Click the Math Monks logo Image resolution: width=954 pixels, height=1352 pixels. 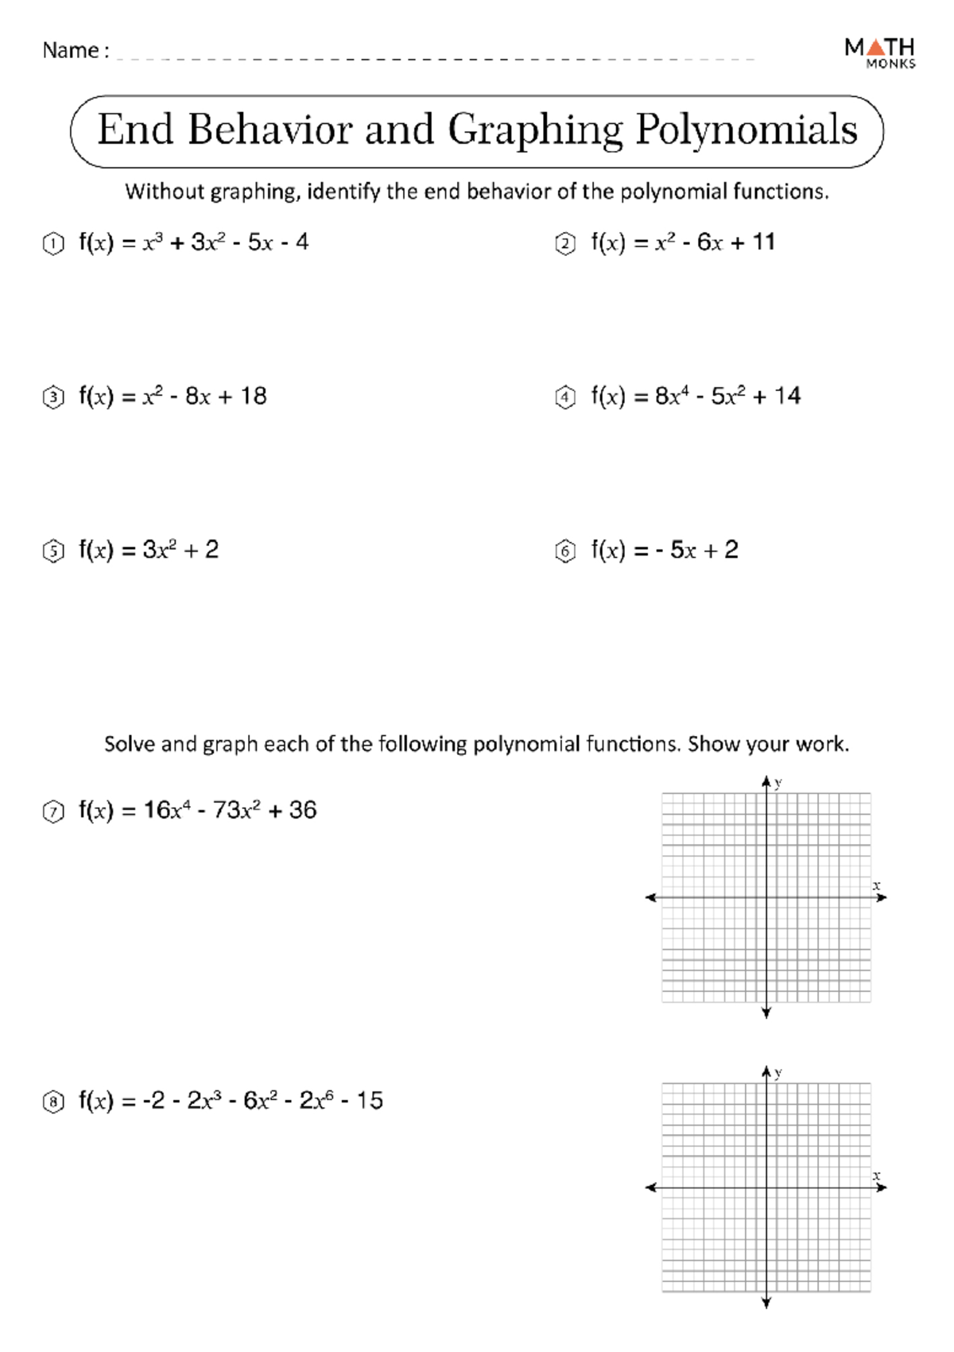point(879,52)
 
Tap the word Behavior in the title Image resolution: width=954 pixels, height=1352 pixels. point(270,130)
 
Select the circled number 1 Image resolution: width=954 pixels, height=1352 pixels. point(52,244)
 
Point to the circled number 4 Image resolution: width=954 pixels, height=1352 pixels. point(564,397)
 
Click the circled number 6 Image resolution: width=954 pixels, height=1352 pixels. point(564,551)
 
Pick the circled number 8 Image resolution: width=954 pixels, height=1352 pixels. point(52,1102)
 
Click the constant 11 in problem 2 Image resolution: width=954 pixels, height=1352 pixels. point(763,242)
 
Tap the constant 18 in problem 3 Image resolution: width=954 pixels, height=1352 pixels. point(254,396)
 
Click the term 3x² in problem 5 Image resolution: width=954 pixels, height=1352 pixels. point(159,549)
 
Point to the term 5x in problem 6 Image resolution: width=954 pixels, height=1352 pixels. point(683,550)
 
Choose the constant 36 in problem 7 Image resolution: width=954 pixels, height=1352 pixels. point(303,810)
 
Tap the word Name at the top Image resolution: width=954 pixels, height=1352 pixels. point(70,51)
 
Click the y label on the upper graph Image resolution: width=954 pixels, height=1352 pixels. point(778,782)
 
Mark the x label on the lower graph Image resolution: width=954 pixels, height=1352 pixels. point(876,1175)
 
